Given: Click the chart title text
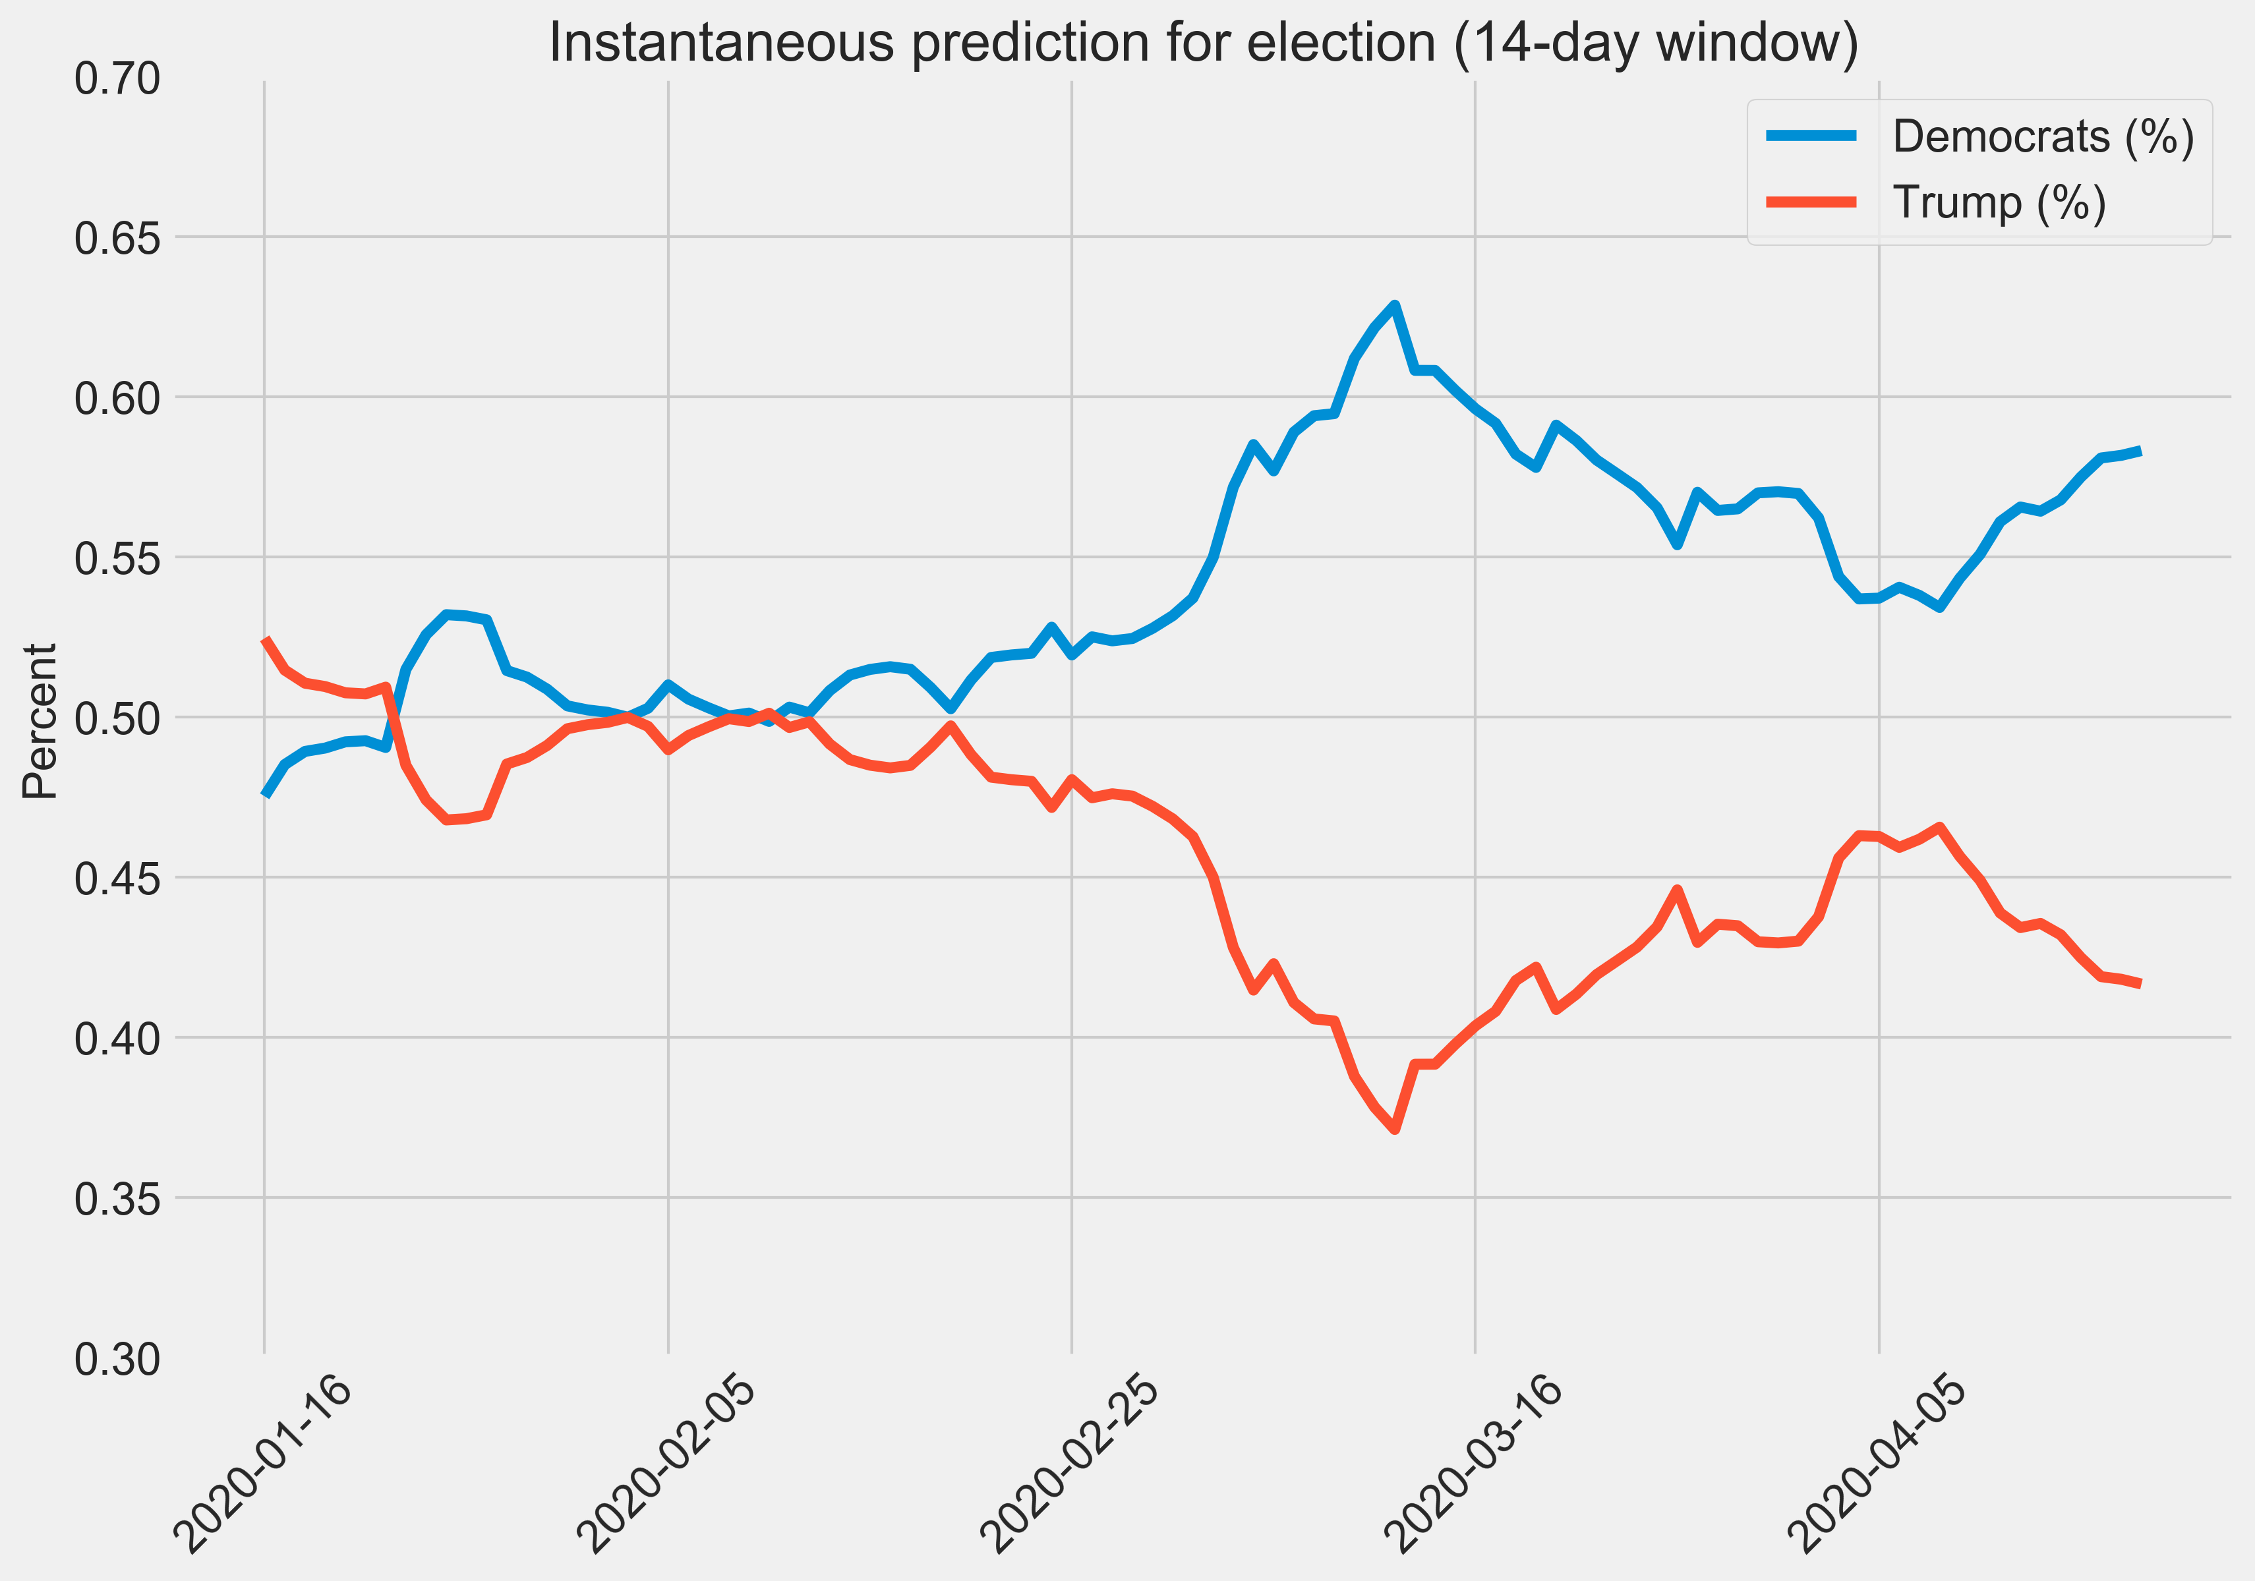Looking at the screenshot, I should click(x=1203, y=43).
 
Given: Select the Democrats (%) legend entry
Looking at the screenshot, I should click(x=2042, y=136).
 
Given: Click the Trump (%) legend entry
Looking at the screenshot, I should click(x=1999, y=203).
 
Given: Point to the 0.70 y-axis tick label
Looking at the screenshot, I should click(x=117, y=78).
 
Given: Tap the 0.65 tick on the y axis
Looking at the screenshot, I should click(x=117, y=238).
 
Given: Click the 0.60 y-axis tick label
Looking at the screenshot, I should click(x=117, y=397).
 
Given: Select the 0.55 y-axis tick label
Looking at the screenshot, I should click(x=117, y=558).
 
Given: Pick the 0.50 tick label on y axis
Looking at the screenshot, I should click(x=117, y=718).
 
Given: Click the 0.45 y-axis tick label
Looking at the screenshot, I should click(x=117, y=878).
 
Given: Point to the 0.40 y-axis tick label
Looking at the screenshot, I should click(x=117, y=1038).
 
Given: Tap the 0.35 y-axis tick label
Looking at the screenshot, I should click(x=117, y=1198).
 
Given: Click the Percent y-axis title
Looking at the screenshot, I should click(x=42, y=721).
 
